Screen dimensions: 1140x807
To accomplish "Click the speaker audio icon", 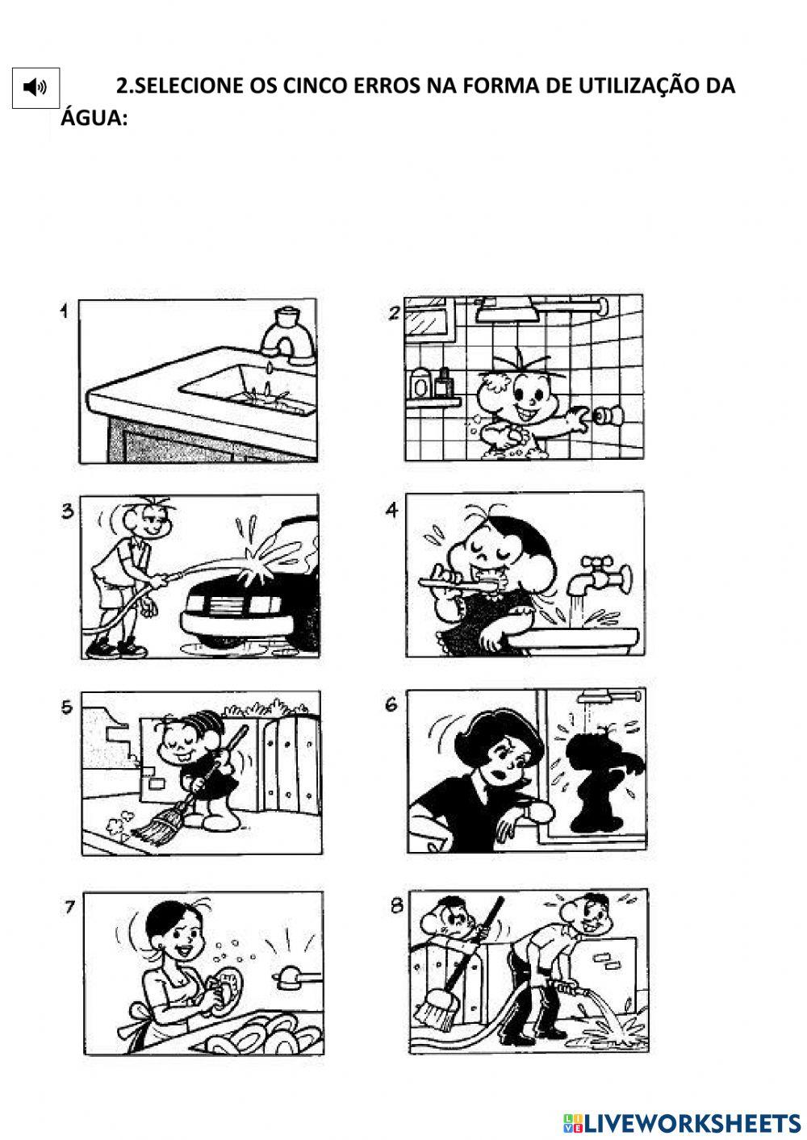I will tap(36, 87).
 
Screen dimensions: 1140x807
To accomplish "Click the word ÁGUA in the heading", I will tap(95, 119).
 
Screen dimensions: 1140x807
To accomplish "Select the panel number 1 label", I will tap(64, 311).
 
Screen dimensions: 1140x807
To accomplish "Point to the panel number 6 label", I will tap(391, 705).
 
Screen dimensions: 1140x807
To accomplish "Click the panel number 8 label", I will tap(396, 906).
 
